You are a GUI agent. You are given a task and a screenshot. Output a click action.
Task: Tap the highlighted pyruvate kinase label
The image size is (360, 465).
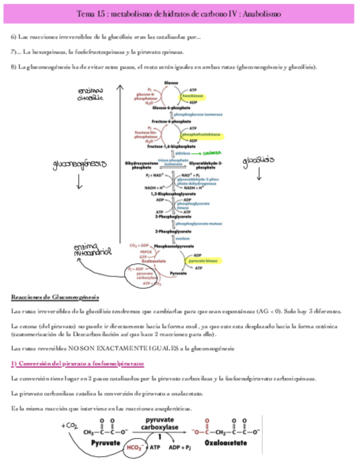click(x=204, y=262)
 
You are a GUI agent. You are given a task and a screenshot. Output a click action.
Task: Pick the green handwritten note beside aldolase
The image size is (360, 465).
click(x=212, y=154)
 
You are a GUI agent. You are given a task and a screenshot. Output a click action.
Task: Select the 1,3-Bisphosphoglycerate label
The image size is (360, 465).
click(x=172, y=194)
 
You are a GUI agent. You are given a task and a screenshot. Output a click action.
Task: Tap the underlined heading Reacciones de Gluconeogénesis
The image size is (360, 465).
click(x=55, y=297)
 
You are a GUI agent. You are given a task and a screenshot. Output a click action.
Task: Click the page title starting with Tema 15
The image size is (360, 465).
click(x=179, y=15)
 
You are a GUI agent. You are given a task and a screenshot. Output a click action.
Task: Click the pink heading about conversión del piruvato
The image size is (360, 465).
click(x=78, y=364)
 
